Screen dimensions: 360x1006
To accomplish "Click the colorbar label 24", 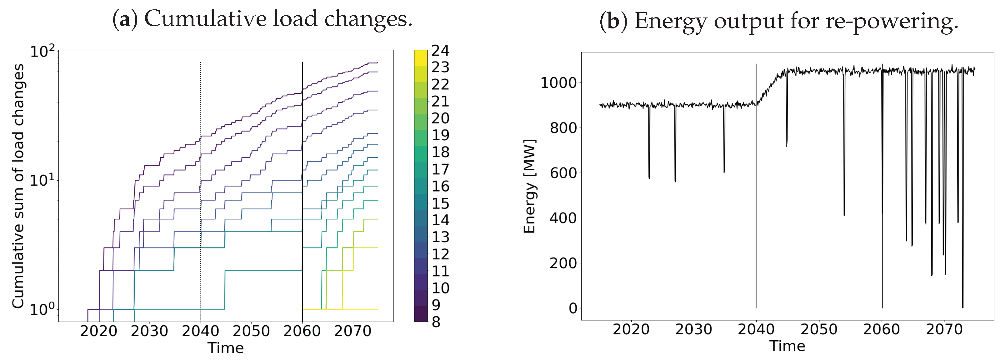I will (x=440, y=51).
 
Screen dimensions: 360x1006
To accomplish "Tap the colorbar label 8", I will (x=436, y=322).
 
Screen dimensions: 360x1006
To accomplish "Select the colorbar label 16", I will (x=440, y=186).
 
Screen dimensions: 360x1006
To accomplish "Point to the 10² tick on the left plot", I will (x=43, y=51).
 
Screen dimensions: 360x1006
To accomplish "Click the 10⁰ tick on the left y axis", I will (x=43, y=310).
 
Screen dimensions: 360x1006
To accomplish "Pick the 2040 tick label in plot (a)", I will (x=200, y=332).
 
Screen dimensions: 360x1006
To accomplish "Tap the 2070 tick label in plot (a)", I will (x=353, y=332).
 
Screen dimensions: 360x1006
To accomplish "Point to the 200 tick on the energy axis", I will (x=563, y=263).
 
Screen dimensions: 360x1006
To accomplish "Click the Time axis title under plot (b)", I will (x=787, y=346).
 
